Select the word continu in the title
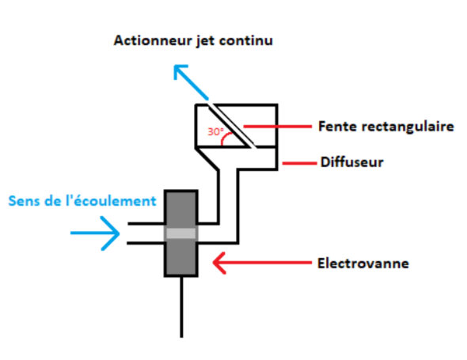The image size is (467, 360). click(245, 40)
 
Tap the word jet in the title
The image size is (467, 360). click(205, 41)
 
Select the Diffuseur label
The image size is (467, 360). click(352, 162)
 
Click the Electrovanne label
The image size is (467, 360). click(363, 263)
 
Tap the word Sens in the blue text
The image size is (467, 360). click(24, 201)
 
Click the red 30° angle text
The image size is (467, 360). click(215, 131)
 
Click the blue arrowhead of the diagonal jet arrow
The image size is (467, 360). click(180, 72)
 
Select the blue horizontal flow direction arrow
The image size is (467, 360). click(95, 233)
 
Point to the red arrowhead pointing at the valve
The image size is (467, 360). click(219, 263)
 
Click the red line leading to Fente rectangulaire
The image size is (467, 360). click(278, 127)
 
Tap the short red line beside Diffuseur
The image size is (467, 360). click(299, 163)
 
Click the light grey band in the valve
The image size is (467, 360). click(180, 233)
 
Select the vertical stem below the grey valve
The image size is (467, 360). click(181, 307)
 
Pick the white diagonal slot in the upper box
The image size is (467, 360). click(232, 126)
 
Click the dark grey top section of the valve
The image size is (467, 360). click(180, 210)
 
